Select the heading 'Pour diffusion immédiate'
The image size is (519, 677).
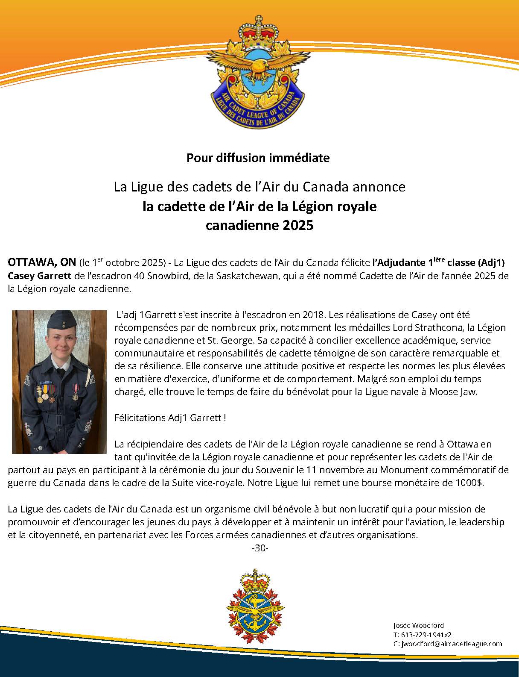tap(258, 158)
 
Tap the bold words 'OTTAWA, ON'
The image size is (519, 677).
tap(42, 262)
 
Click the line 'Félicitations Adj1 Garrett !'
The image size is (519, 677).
tap(170, 418)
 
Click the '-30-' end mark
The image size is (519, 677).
tap(260, 548)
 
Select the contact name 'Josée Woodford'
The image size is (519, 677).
tap(418, 626)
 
